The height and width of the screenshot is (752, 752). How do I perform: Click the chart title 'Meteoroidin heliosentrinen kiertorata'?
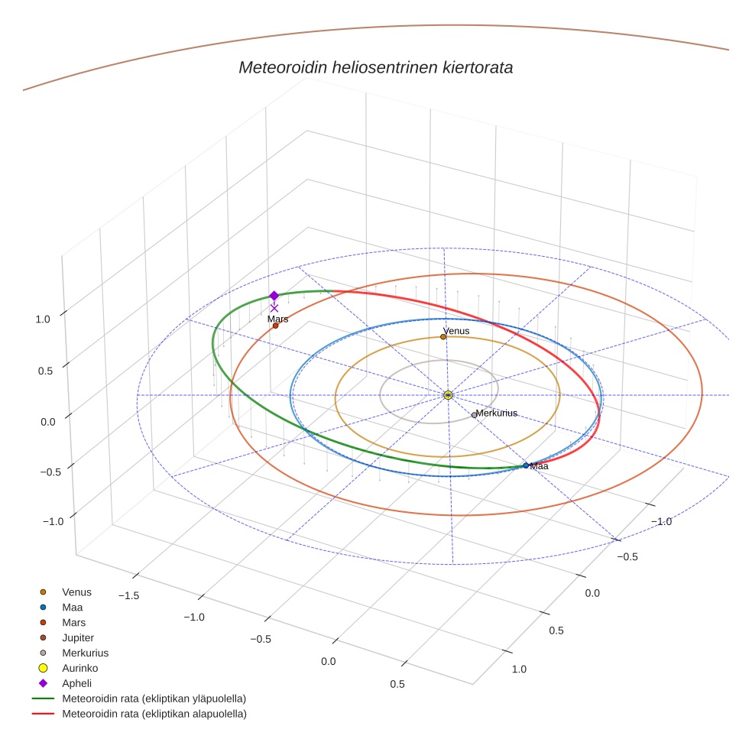[375, 67]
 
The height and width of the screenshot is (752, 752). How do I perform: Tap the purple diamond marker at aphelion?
[274, 296]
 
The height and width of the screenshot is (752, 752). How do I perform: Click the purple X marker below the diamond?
[274, 308]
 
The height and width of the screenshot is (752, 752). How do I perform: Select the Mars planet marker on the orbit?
[275, 326]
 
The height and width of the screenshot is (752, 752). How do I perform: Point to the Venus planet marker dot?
[443, 336]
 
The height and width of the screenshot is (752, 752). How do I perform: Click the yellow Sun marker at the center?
[448, 395]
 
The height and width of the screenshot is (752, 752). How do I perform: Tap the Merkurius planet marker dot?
[474, 415]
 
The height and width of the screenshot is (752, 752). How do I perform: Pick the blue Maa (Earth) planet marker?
[526, 465]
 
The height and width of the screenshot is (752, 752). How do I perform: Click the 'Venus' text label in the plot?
[456, 331]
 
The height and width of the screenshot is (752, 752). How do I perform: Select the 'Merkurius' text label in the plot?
[497, 413]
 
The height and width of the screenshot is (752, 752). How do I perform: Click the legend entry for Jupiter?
[78, 637]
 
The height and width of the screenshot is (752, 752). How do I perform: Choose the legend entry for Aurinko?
[79, 668]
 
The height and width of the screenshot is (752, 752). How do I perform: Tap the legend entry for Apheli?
[76, 683]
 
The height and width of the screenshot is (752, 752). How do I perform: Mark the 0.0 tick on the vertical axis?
[47, 421]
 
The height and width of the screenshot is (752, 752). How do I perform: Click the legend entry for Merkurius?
[85, 653]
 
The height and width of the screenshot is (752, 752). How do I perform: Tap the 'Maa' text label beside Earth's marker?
[540, 466]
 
